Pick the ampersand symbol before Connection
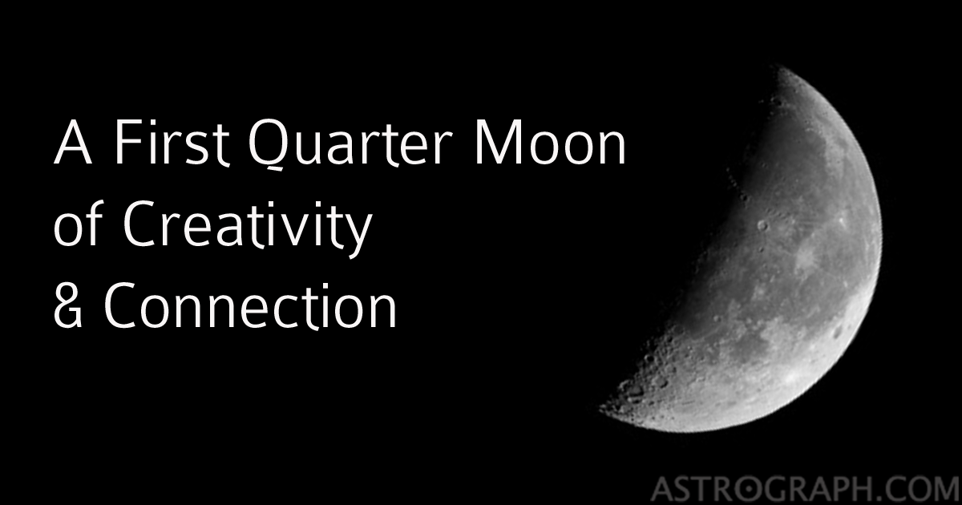69,309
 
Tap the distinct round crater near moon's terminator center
762,226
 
